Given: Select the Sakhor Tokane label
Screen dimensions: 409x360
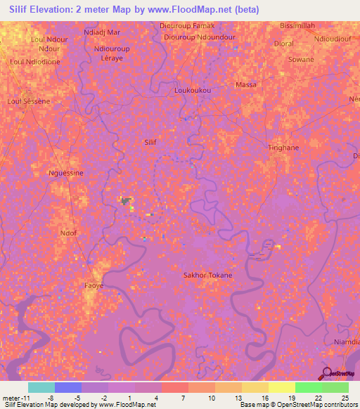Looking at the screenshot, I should click(x=207, y=275).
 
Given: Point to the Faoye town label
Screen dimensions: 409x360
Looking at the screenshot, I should click(x=94, y=286).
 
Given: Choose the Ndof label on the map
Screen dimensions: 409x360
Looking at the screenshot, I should click(x=68, y=233).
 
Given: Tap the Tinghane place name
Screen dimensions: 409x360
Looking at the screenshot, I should click(x=284, y=148).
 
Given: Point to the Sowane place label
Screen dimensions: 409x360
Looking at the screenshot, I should click(x=301, y=60).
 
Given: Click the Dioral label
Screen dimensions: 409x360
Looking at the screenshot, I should click(x=284, y=44).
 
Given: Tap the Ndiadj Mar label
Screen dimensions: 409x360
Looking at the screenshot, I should click(x=102, y=32).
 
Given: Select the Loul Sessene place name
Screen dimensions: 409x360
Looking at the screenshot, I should click(x=28, y=101).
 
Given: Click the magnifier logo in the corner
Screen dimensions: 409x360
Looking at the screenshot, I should click(x=326, y=374).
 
